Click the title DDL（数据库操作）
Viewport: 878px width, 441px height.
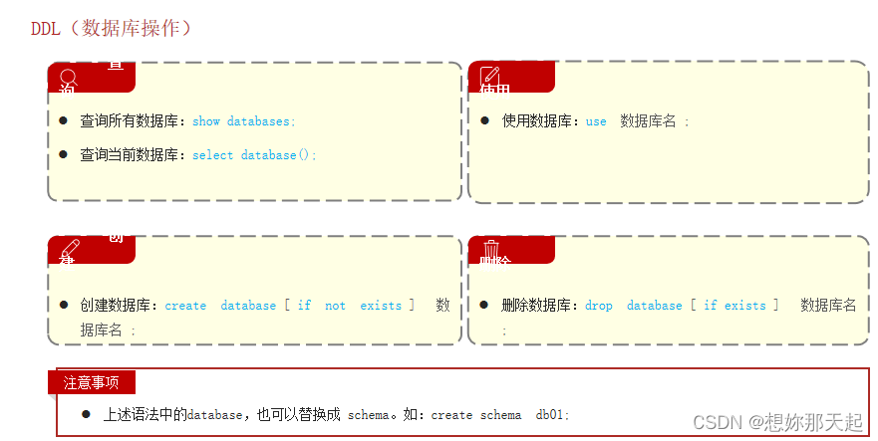pyautogui.click(x=111, y=28)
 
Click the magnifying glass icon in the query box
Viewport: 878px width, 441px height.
pyautogui.click(x=68, y=77)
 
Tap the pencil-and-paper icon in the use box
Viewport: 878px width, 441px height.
pyautogui.click(x=489, y=76)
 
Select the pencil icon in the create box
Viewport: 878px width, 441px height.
pyautogui.click(x=69, y=249)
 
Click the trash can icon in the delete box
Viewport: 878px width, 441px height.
pyautogui.click(x=490, y=249)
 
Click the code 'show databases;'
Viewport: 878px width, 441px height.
pyautogui.click(x=244, y=121)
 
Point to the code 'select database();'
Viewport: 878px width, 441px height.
pyautogui.click(x=254, y=155)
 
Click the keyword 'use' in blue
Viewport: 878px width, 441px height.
pyautogui.click(x=596, y=121)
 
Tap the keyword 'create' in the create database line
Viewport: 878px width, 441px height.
pyautogui.click(x=185, y=306)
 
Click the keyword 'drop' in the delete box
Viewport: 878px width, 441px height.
pyautogui.click(x=599, y=306)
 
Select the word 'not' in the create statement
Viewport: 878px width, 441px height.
pyautogui.click(x=336, y=306)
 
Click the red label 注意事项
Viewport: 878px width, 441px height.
pyautogui.click(x=91, y=382)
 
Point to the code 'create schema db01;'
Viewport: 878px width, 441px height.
pyautogui.click(x=500, y=414)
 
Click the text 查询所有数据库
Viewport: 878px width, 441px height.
pyautogui.click(x=129, y=121)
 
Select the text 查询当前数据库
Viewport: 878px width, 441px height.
pyautogui.click(x=129, y=155)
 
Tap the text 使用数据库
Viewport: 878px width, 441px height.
pyautogui.click(x=536, y=121)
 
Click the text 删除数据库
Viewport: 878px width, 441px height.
pyautogui.click(x=536, y=306)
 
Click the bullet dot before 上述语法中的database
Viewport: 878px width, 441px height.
pyautogui.click(x=86, y=413)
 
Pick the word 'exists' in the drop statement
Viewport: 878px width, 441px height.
pyautogui.click(x=745, y=306)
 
